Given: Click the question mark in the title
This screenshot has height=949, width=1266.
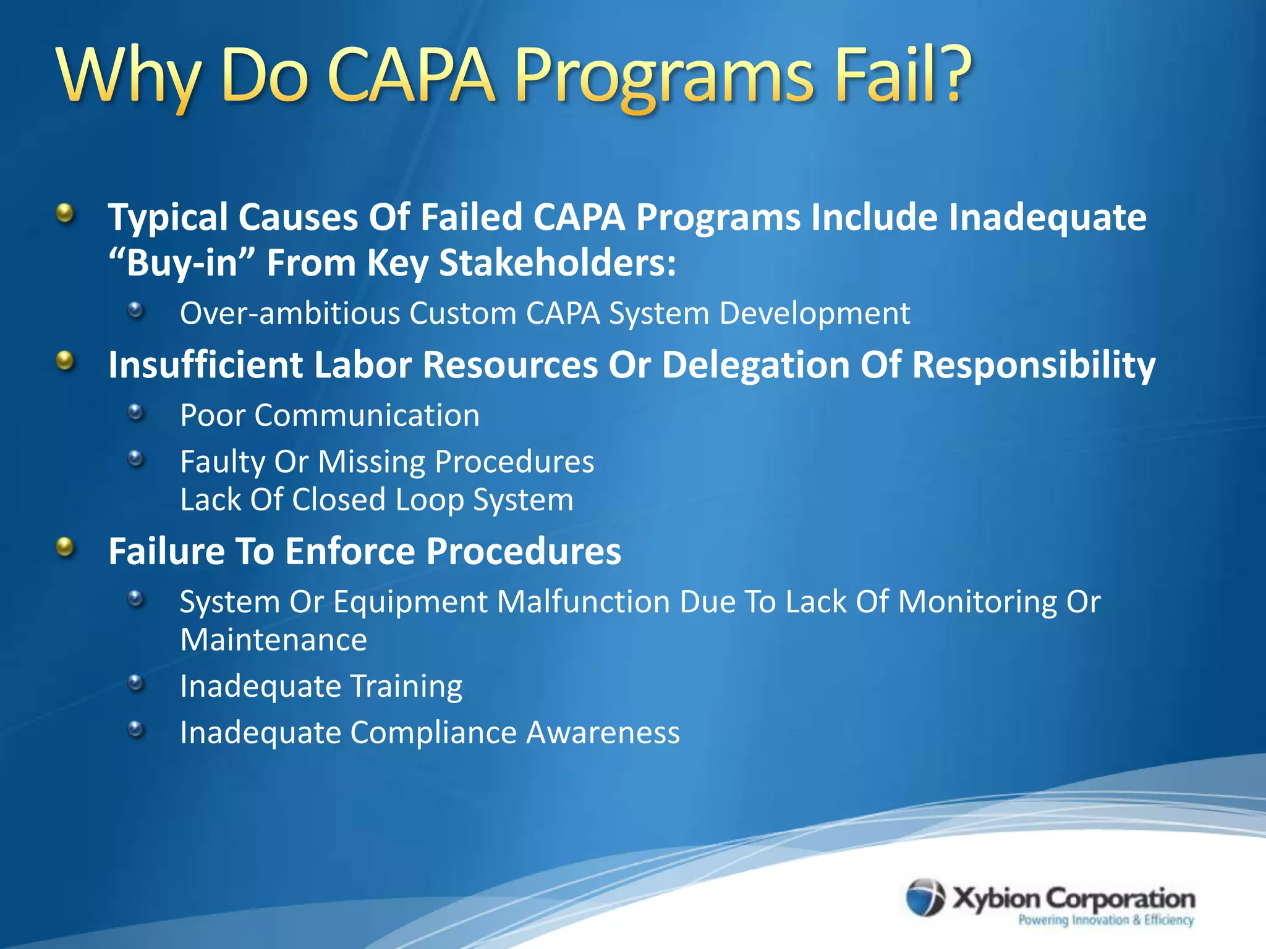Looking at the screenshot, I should [x=945, y=74].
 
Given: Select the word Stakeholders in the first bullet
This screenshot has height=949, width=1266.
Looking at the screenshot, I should [x=557, y=263].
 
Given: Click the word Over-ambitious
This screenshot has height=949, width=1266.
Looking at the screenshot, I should [x=290, y=313].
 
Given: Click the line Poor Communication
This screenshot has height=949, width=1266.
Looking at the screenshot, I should [x=329, y=415].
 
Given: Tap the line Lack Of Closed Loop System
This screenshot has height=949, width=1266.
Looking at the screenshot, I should [x=376, y=500].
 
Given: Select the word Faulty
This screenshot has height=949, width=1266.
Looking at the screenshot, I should [x=223, y=462].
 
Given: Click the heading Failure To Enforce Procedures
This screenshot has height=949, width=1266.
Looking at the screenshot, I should [x=365, y=551].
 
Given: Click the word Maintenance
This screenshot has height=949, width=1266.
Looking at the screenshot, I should [x=273, y=639].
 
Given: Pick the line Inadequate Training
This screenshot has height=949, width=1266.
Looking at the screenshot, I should [x=321, y=686].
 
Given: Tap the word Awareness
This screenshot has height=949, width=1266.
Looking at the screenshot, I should [x=603, y=733].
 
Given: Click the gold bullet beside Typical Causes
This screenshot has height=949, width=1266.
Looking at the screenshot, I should [x=65, y=214].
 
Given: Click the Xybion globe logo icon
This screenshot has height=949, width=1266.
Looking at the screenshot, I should [x=925, y=897].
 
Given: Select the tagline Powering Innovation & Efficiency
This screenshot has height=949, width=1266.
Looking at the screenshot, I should [x=1106, y=920].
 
